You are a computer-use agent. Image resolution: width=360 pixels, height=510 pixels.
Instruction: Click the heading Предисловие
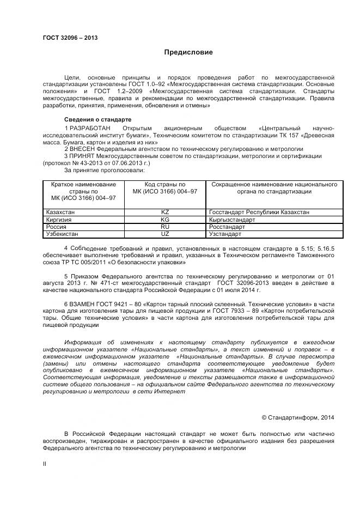(x=188, y=52)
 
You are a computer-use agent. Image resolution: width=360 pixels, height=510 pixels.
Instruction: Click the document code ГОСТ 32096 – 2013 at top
(x=70, y=38)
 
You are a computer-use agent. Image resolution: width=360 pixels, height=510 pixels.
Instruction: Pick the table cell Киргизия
(x=59, y=220)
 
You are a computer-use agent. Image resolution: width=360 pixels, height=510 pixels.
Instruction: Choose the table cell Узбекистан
(x=62, y=234)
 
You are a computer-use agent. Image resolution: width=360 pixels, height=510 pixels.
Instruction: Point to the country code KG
(x=165, y=220)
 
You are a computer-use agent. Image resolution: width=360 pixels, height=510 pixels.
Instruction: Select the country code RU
(x=165, y=227)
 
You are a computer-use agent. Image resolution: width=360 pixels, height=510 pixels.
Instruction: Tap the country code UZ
(x=165, y=234)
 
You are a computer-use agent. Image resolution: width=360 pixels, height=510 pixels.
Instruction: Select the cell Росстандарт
(x=227, y=227)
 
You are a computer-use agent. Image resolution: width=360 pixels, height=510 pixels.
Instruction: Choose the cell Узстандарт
(x=225, y=234)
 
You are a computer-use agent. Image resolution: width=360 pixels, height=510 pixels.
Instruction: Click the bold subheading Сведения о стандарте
(x=97, y=120)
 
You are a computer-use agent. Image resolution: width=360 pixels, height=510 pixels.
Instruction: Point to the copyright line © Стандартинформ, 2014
(x=298, y=417)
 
